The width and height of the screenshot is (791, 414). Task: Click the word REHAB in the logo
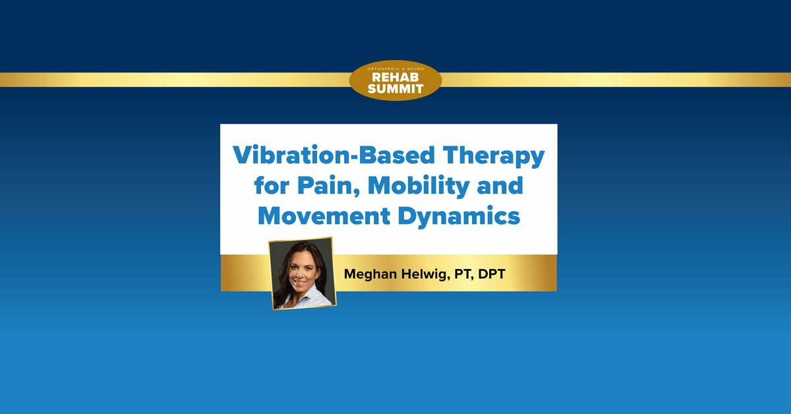(x=395, y=77)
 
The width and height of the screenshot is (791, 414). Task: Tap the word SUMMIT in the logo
(x=395, y=88)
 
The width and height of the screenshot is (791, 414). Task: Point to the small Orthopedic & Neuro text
(x=395, y=68)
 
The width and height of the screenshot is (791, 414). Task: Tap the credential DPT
(x=492, y=274)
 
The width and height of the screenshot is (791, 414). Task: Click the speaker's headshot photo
(x=302, y=273)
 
